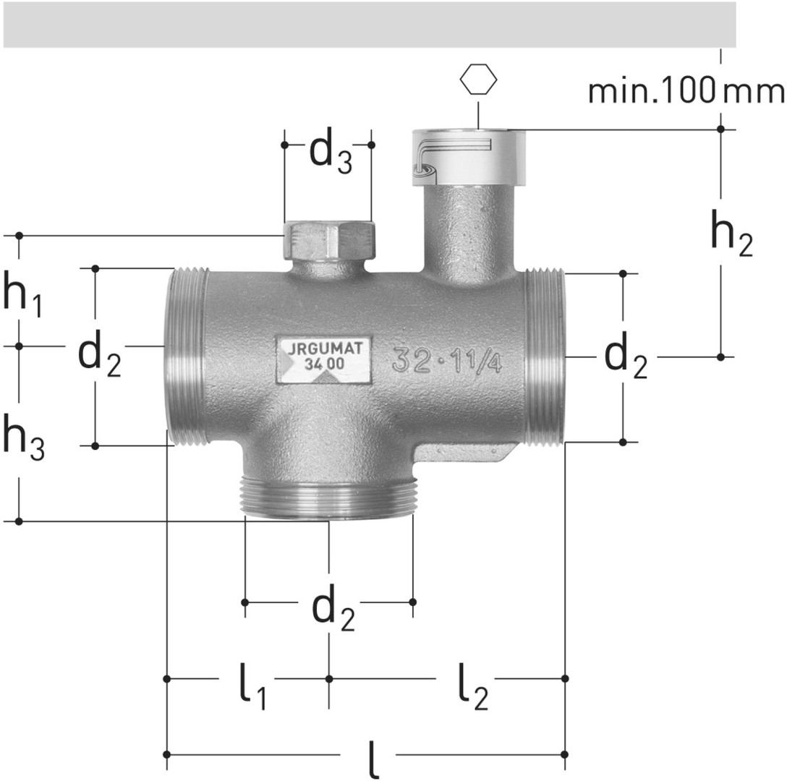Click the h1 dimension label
coord(22,294)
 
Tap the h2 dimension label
coord(732,233)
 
